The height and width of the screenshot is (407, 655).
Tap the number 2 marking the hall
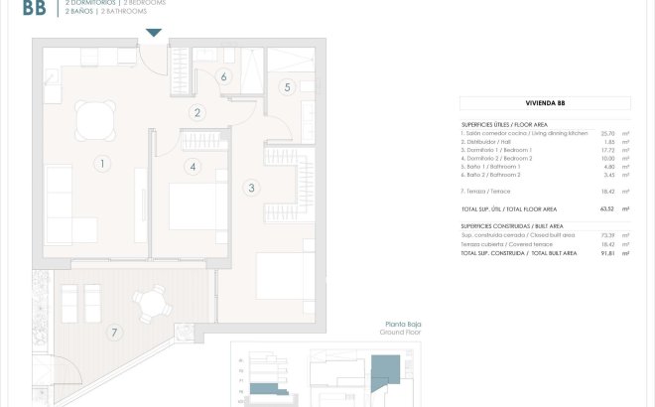(198, 113)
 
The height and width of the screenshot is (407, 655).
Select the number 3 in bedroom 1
(251, 187)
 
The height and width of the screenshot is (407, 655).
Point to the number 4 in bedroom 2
(193, 166)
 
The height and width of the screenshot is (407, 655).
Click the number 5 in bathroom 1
(287, 87)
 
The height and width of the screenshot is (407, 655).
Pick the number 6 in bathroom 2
(224, 76)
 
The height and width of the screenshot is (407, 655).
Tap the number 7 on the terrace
(115, 331)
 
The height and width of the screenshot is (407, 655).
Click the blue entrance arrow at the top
(152, 34)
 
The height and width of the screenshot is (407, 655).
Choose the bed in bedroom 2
(188, 207)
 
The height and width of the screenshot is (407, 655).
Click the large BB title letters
(33, 10)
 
